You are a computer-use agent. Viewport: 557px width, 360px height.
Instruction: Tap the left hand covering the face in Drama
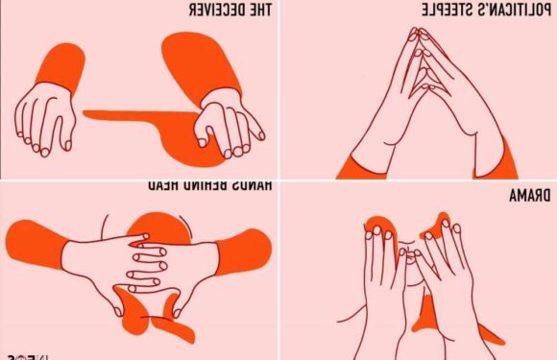click(384, 278)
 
